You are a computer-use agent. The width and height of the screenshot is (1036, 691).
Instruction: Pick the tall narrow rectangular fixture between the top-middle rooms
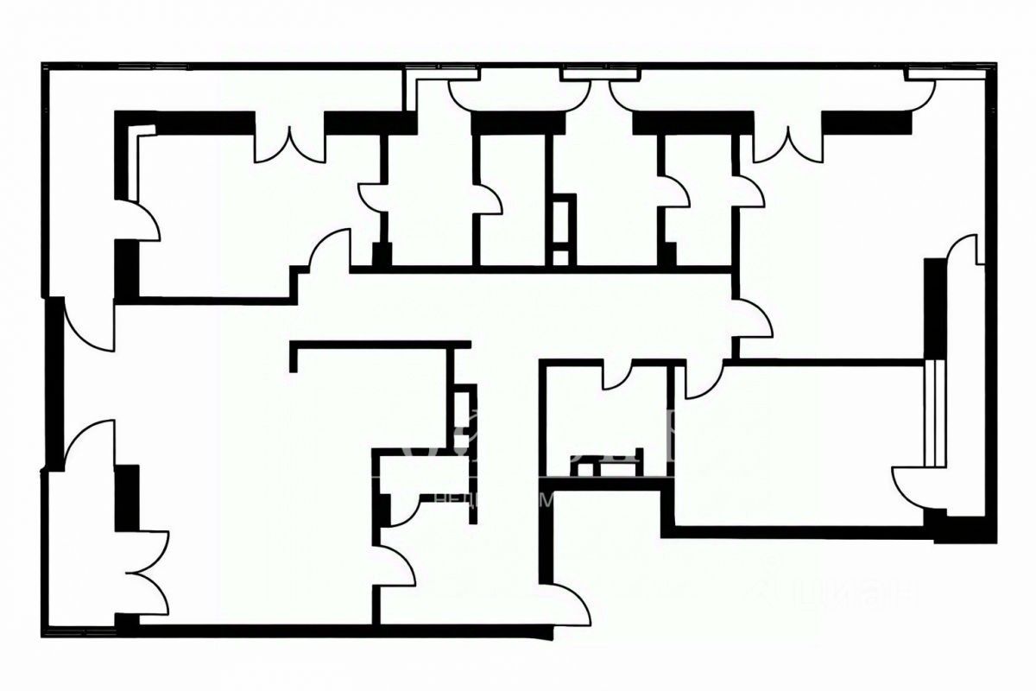coord(562,229)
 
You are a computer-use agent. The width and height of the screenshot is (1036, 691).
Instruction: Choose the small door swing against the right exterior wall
coord(965,250)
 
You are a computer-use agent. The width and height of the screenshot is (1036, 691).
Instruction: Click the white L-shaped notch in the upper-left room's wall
coord(143,131)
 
